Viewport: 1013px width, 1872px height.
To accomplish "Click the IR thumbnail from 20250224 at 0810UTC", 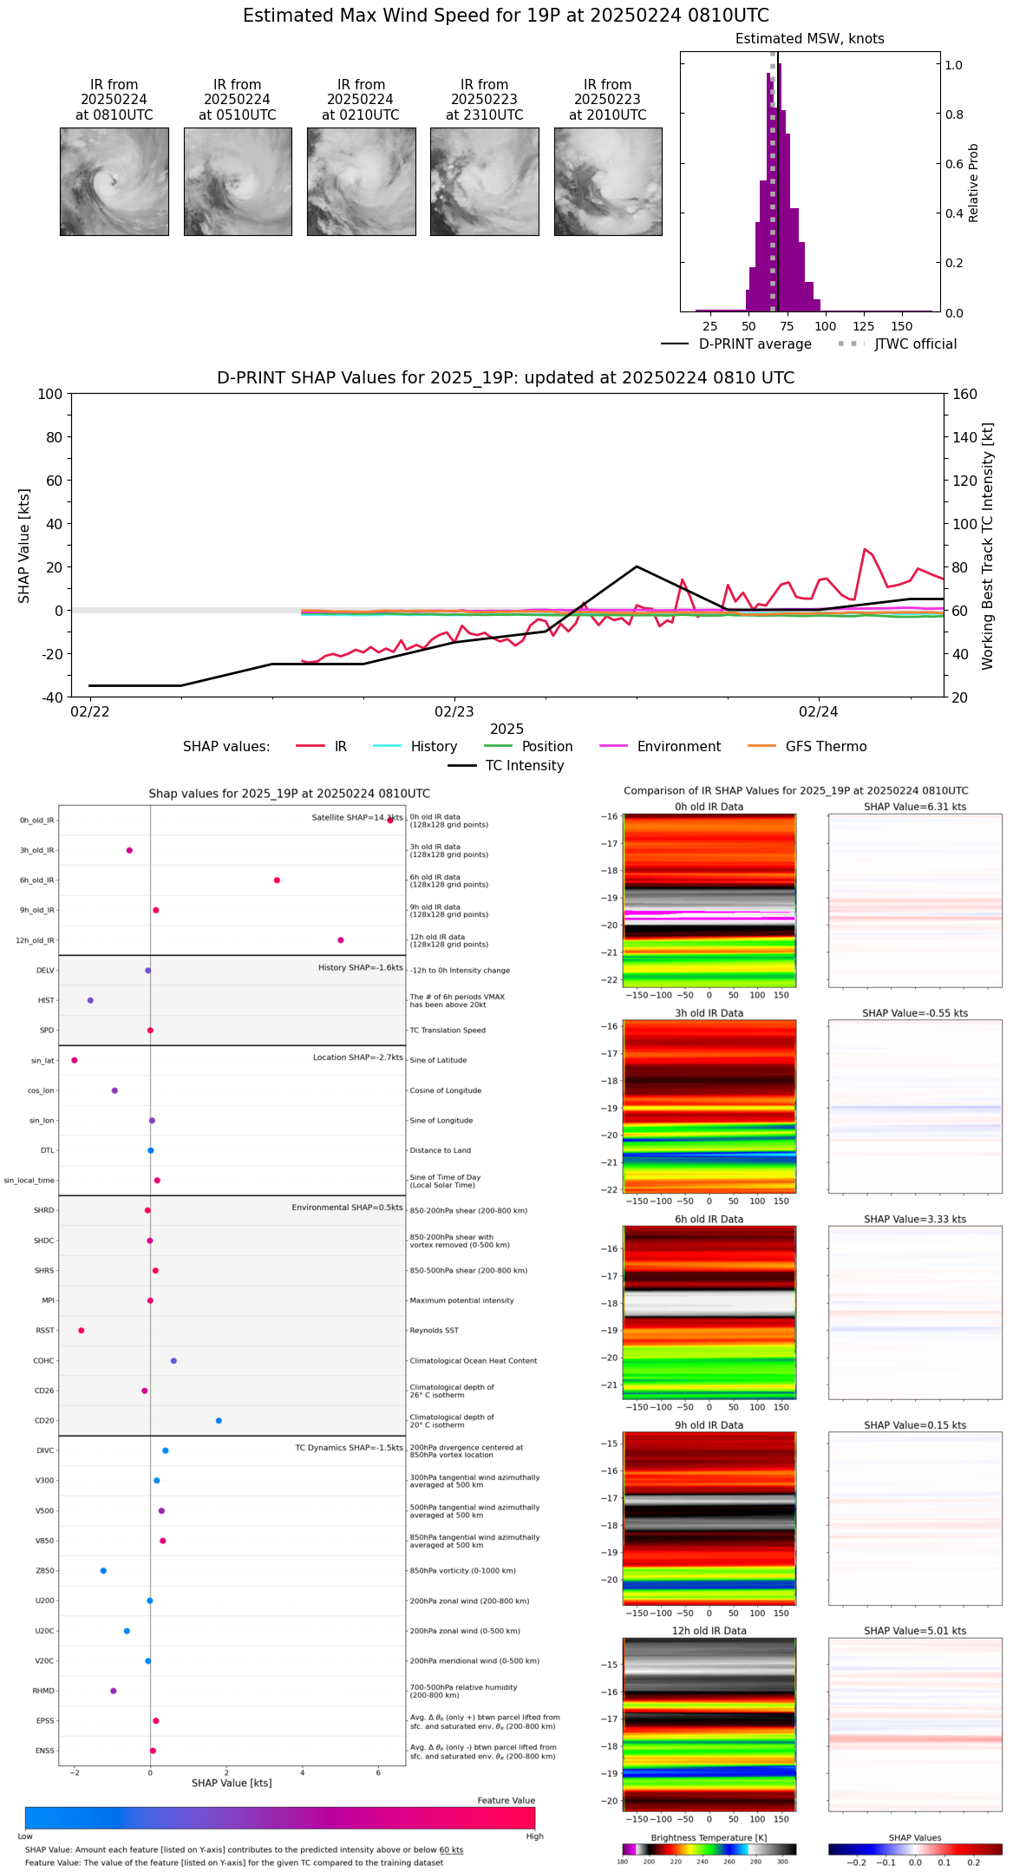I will [x=114, y=181].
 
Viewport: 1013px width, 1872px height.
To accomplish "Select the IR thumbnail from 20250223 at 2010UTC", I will [x=608, y=181].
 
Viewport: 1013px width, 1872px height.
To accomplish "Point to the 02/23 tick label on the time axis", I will [x=454, y=712].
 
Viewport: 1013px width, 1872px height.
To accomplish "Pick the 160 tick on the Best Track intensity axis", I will [x=964, y=395].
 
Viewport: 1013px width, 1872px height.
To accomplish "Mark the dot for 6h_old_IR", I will [x=277, y=880].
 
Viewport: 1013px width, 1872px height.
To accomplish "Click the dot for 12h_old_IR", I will [x=341, y=940].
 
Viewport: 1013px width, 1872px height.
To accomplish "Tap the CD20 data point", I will [x=219, y=1421].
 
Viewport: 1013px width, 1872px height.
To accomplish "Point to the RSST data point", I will [x=82, y=1331].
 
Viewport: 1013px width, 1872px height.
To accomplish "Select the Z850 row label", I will [x=45, y=1571].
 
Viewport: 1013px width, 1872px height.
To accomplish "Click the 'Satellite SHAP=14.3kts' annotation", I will [x=357, y=818].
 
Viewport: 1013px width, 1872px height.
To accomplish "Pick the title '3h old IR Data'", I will [x=709, y=1013].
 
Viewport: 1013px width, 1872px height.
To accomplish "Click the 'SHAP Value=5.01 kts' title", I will [x=914, y=1631].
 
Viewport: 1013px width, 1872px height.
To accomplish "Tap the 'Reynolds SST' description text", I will [x=435, y=1331].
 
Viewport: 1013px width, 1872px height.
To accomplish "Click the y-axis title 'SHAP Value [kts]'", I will [x=24, y=546].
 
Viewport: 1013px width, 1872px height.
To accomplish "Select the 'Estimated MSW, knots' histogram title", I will [x=809, y=39].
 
